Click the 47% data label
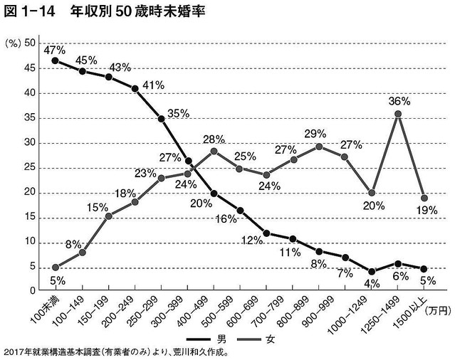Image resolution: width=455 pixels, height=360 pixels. [x=55, y=51]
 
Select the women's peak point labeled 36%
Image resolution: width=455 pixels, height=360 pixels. [x=398, y=114]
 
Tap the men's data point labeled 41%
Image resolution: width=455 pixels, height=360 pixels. [x=135, y=89]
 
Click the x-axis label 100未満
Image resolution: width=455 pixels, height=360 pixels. [x=46, y=307]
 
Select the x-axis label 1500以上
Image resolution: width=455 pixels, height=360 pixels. [x=409, y=308]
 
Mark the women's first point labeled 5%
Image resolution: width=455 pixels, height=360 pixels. [x=55, y=268]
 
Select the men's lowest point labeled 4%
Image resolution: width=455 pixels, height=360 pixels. [x=371, y=271]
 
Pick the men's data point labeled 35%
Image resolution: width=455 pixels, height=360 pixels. [x=162, y=120]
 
